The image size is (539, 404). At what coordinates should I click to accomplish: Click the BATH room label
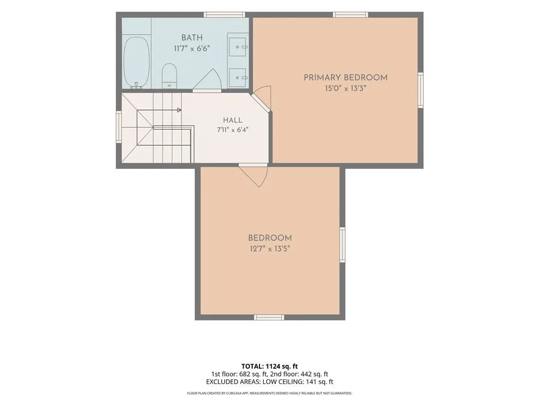pos(192,37)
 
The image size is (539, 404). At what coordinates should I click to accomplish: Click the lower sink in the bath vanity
pos(238,77)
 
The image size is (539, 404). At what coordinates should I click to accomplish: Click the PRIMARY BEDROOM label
pos(345,78)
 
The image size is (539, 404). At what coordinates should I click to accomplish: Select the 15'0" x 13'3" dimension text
pos(345,88)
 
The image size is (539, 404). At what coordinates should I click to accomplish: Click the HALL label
pos(233,120)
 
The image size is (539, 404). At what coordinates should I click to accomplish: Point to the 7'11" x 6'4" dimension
pos(233,130)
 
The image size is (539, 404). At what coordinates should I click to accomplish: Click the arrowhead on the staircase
pos(179,110)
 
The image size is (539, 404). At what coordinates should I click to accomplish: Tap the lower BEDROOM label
pos(270,238)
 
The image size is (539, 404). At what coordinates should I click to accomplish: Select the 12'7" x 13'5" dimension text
pos(270,249)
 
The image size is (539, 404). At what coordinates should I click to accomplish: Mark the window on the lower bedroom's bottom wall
pos(269,317)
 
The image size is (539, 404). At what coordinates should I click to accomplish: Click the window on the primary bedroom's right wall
pos(421,90)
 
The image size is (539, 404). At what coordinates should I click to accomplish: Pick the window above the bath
pos(224,14)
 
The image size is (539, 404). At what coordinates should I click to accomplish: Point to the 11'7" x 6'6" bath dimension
pos(192,48)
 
